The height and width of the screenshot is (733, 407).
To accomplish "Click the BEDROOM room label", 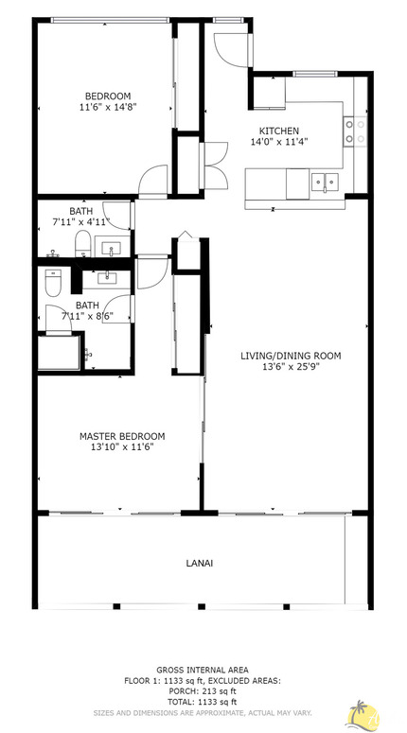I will click(x=108, y=96).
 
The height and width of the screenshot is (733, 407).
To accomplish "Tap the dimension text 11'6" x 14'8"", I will click(x=108, y=108).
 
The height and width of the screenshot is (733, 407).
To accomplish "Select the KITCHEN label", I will click(x=279, y=131).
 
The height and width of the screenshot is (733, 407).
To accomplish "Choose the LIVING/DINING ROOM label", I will click(x=291, y=356).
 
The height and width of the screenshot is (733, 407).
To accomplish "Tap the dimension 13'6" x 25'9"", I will click(x=291, y=367).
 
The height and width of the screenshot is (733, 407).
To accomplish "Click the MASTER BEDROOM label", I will click(x=121, y=436).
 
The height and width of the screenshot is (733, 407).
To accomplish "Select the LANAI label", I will click(x=200, y=563).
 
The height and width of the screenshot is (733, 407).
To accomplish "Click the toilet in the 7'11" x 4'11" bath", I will click(x=82, y=244).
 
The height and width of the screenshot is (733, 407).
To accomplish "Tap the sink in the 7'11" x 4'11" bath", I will click(x=113, y=251).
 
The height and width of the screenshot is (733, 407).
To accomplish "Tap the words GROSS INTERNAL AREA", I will click(x=203, y=669).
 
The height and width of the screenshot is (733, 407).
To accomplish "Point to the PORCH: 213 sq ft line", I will click(x=203, y=690).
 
